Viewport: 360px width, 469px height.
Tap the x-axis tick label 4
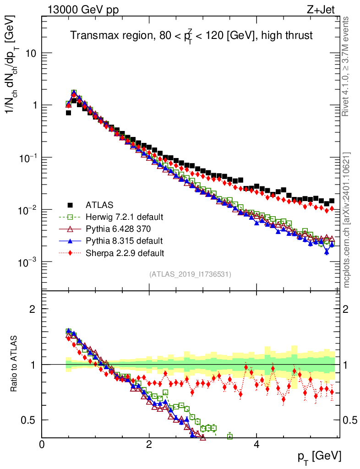pyautogui.click(x=256, y=444)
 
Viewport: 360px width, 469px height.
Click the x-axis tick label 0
pyautogui.click(x=42, y=444)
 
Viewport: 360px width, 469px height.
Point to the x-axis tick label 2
pyautogui.click(x=149, y=444)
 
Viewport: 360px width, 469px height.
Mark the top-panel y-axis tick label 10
pyautogui.click(x=30, y=53)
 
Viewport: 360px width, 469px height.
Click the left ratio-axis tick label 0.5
pyautogui.click(x=29, y=420)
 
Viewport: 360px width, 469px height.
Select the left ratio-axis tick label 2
pyautogui.click(x=33, y=309)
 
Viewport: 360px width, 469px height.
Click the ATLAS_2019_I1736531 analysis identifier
pyautogui.click(x=190, y=274)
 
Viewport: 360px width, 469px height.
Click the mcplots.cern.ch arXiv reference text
pyautogui.click(x=347, y=220)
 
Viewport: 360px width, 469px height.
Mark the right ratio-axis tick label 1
pyautogui.click(x=347, y=365)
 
